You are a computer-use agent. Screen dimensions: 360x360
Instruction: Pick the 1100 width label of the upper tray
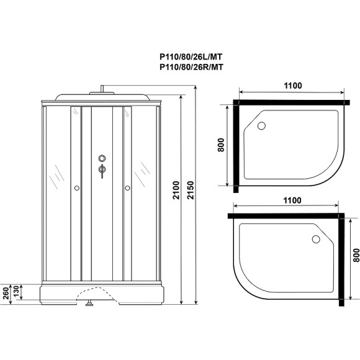(x=289, y=86)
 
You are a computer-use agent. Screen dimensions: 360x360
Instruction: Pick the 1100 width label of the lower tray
(x=289, y=200)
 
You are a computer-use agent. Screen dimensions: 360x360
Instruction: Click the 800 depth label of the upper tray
(x=221, y=145)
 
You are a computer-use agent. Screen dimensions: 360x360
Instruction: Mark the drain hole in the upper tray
(x=261, y=127)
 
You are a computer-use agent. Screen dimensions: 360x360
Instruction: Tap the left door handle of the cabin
(x=76, y=187)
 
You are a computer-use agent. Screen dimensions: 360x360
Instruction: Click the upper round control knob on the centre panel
(x=101, y=158)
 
